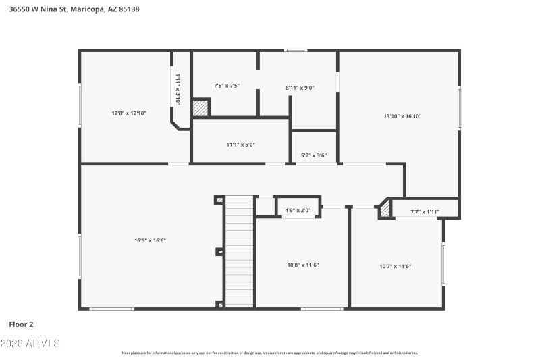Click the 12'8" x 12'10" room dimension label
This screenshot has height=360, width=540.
coord(129,113)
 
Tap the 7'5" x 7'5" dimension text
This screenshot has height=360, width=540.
coord(227,86)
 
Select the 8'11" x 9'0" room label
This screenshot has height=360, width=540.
coord(300,88)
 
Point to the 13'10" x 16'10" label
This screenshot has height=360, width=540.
coord(402,116)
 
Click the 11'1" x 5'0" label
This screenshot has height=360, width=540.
coord(240,144)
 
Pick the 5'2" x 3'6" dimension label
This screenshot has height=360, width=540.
coord(314,156)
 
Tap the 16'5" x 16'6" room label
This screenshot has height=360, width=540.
coord(150,240)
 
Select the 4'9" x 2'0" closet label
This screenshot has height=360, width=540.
coord(298,211)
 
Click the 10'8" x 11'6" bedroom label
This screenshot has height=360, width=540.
coord(303,265)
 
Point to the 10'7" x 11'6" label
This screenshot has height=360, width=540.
coord(396,266)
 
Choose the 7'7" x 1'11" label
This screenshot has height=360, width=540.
coord(425,212)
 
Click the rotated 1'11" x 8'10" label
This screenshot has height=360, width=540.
coord(178,88)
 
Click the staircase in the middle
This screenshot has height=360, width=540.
coord(239,251)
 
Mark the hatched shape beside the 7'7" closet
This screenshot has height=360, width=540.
coord(384,210)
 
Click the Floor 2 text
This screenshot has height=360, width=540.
coord(21,324)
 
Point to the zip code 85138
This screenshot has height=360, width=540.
coord(130,10)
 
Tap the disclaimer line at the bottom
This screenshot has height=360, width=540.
coord(269,353)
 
